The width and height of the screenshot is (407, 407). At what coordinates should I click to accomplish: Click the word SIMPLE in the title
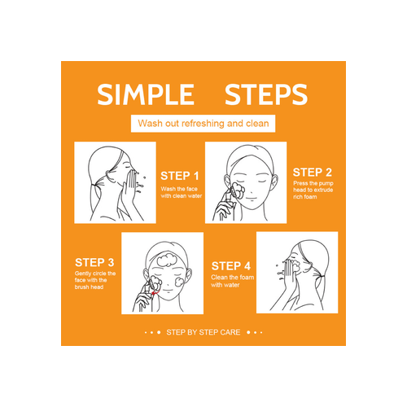point(146,94)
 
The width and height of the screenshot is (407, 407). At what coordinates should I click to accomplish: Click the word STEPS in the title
point(266,94)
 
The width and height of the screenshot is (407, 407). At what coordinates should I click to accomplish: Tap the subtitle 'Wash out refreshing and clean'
point(203,124)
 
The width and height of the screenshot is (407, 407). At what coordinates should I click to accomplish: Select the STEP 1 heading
point(180,176)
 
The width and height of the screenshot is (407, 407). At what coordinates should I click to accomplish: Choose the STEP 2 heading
point(313,173)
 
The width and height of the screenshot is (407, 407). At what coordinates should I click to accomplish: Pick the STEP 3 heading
point(94,262)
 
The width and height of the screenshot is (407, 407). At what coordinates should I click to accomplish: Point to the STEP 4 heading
point(231,266)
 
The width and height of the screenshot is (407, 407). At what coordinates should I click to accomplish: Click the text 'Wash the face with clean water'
point(182,192)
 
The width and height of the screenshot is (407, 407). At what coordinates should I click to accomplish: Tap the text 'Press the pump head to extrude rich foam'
point(313,190)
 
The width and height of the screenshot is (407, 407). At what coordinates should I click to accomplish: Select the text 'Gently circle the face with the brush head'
point(95,280)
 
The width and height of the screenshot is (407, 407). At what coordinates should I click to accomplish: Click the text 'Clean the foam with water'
point(233,281)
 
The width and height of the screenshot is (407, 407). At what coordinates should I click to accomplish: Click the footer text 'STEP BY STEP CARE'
point(203,332)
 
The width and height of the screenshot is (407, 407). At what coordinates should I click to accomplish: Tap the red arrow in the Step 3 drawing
point(155,293)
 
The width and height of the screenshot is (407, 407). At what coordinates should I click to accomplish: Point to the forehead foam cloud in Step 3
point(167,260)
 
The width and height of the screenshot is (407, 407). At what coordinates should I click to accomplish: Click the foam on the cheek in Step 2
point(238,190)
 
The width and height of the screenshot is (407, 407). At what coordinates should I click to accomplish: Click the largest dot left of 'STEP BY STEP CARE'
point(159,332)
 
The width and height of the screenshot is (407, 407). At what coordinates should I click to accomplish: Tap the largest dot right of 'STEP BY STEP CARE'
point(248,332)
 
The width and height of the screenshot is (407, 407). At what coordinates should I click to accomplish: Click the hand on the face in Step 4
point(289,274)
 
